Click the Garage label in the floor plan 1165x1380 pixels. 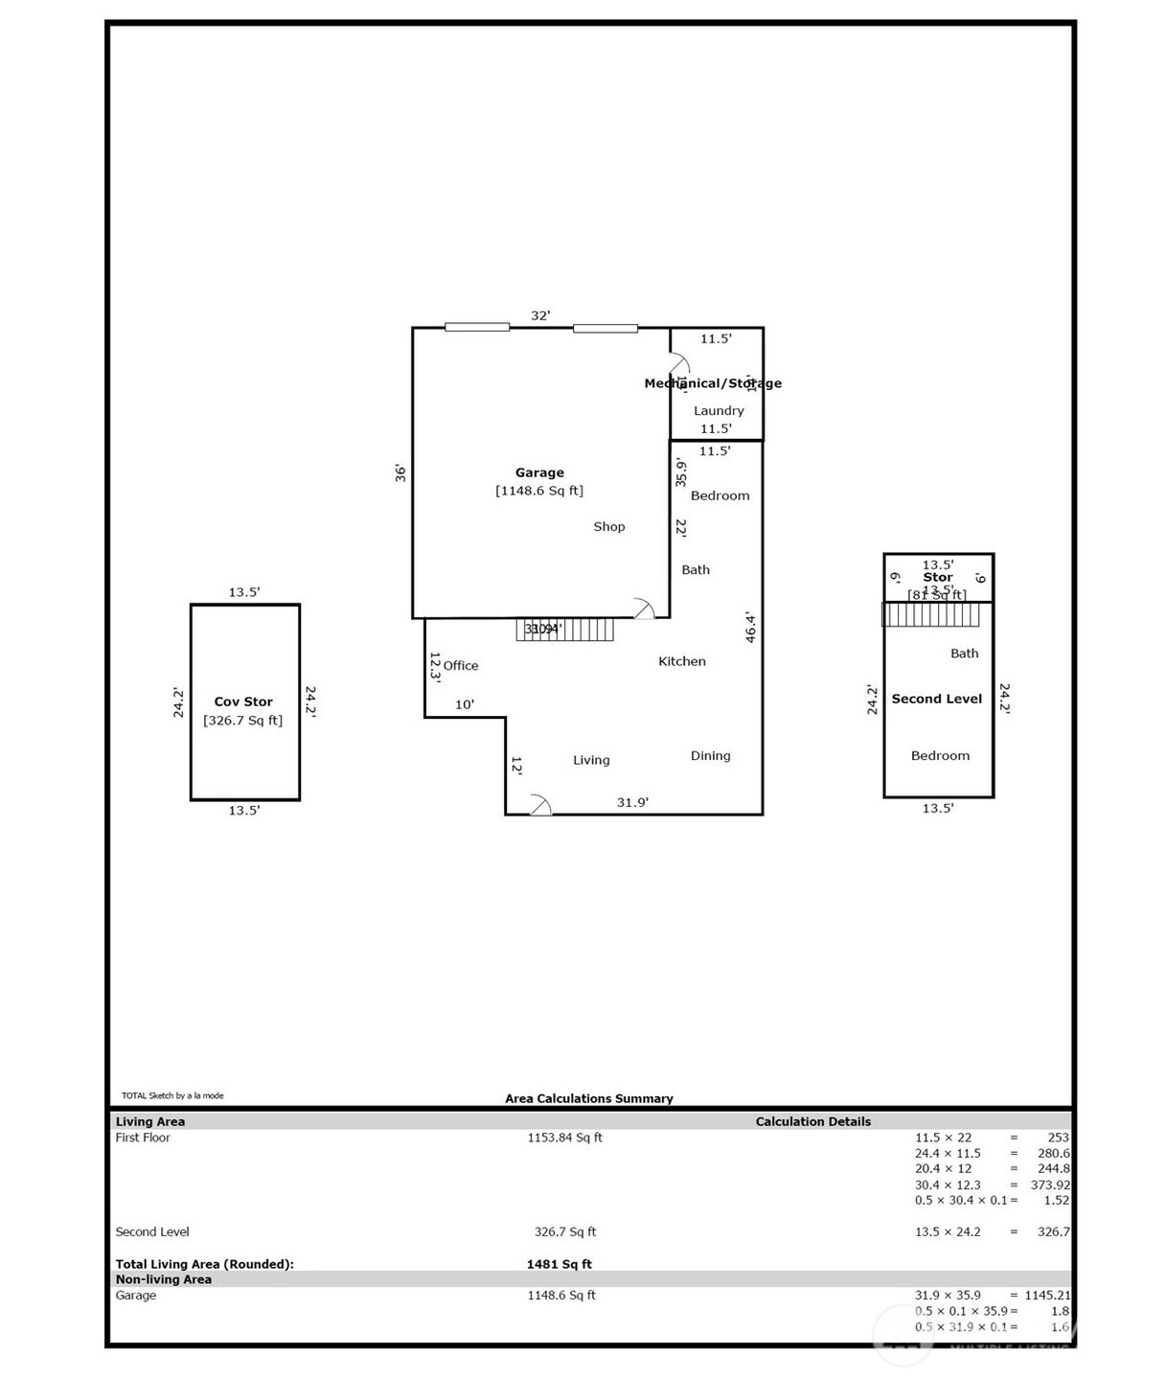pos(539,472)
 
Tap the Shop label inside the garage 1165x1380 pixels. pos(608,526)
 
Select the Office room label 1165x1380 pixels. pos(460,665)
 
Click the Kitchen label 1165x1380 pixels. pos(681,661)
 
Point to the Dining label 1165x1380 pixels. pos(710,755)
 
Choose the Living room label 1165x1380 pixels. pos(591,760)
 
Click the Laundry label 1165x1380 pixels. pos(719,410)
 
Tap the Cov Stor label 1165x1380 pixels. pos(243,701)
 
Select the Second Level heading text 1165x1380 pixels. pos(936,699)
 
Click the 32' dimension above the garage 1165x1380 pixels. pos(540,315)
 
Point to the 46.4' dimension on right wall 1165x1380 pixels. pos(751,628)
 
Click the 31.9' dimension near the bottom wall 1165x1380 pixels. pos(632,802)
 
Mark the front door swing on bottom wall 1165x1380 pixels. pos(540,805)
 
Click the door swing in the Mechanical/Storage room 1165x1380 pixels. pos(679,363)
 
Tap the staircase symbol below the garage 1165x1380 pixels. pos(564,630)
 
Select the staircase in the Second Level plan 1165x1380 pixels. pos(930,614)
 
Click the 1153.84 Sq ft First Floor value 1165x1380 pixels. pos(564,1138)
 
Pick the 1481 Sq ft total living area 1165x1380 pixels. pos(559,1264)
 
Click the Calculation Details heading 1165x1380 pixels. pos(812,1121)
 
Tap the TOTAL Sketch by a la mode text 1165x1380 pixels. pos(172,1095)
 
